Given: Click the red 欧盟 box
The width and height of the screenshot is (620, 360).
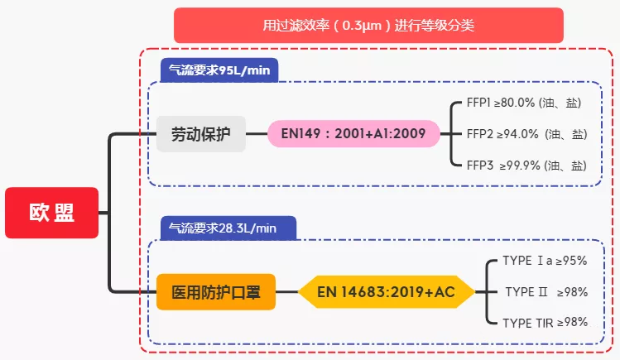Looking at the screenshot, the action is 52,213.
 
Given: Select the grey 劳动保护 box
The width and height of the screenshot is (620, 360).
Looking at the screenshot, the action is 201,134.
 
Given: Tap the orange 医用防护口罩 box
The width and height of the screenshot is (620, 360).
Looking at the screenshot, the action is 216,292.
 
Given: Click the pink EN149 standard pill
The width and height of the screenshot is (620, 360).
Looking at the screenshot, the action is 353,133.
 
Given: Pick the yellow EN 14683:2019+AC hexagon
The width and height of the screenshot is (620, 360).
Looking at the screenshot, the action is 387,292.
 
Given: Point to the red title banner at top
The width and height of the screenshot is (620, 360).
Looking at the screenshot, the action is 368,26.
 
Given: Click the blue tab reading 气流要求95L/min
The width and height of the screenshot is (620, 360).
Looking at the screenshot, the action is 219,70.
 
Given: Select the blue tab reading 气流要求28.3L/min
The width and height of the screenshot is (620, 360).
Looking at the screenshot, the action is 228,228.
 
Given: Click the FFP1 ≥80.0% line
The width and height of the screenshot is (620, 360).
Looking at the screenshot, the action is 523,103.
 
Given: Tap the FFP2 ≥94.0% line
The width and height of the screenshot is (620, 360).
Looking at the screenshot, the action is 526,134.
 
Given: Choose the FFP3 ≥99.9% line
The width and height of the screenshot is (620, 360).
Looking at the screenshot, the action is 526,166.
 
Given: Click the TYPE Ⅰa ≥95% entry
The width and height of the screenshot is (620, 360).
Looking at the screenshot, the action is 545,261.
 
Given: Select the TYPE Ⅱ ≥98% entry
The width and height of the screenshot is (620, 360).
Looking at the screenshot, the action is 546,292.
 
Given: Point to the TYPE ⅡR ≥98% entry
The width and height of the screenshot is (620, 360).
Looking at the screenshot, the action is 545,323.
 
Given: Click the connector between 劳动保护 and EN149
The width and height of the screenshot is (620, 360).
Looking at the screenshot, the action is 257,134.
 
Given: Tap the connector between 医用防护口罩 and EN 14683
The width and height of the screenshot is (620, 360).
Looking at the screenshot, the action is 286,292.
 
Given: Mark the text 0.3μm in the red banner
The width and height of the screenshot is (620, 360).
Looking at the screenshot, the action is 362,26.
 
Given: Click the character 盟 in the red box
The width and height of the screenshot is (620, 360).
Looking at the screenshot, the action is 65,213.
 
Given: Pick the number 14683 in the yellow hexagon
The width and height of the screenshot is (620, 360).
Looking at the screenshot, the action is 362,292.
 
